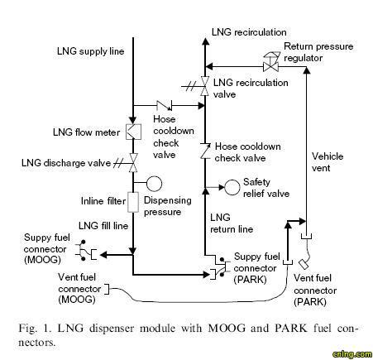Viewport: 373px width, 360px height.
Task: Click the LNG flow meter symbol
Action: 133,132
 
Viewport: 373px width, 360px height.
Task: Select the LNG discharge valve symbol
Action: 133,163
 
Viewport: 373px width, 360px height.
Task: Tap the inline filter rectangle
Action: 133,202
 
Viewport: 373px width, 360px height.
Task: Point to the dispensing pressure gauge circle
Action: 154,184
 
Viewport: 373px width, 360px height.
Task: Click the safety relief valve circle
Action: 232,188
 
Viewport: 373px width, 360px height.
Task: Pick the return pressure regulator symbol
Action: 270,62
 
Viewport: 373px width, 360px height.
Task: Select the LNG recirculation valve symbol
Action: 204,86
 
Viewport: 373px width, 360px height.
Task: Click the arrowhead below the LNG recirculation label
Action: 205,41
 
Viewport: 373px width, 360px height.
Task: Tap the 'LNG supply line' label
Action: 90,51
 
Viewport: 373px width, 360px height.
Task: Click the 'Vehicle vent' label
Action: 328,162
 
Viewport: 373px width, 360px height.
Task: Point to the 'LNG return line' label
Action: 232,223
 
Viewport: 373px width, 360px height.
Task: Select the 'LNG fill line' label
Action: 103,226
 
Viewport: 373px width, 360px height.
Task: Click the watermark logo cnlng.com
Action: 352,353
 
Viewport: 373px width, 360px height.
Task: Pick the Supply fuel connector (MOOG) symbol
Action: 86,251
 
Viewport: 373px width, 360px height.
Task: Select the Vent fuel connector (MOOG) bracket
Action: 107,289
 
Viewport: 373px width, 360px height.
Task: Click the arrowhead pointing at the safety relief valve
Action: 222,188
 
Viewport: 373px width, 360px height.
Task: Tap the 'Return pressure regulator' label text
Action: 318,52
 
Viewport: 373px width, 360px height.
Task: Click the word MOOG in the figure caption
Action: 227,328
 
